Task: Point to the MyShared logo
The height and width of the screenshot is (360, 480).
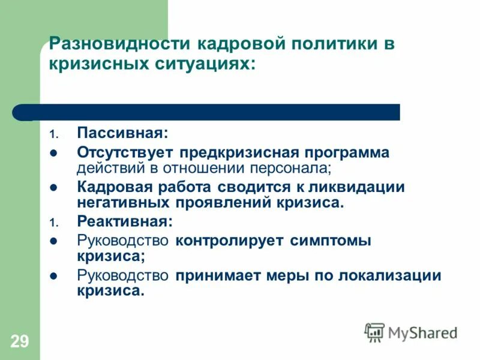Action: (411, 332)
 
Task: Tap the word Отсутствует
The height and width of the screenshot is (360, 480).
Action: (124, 152)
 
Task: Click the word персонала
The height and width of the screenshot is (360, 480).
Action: (286, 167)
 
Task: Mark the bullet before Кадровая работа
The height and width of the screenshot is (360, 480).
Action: (53, 187)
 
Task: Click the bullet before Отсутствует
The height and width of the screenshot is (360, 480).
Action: (53, 152)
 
